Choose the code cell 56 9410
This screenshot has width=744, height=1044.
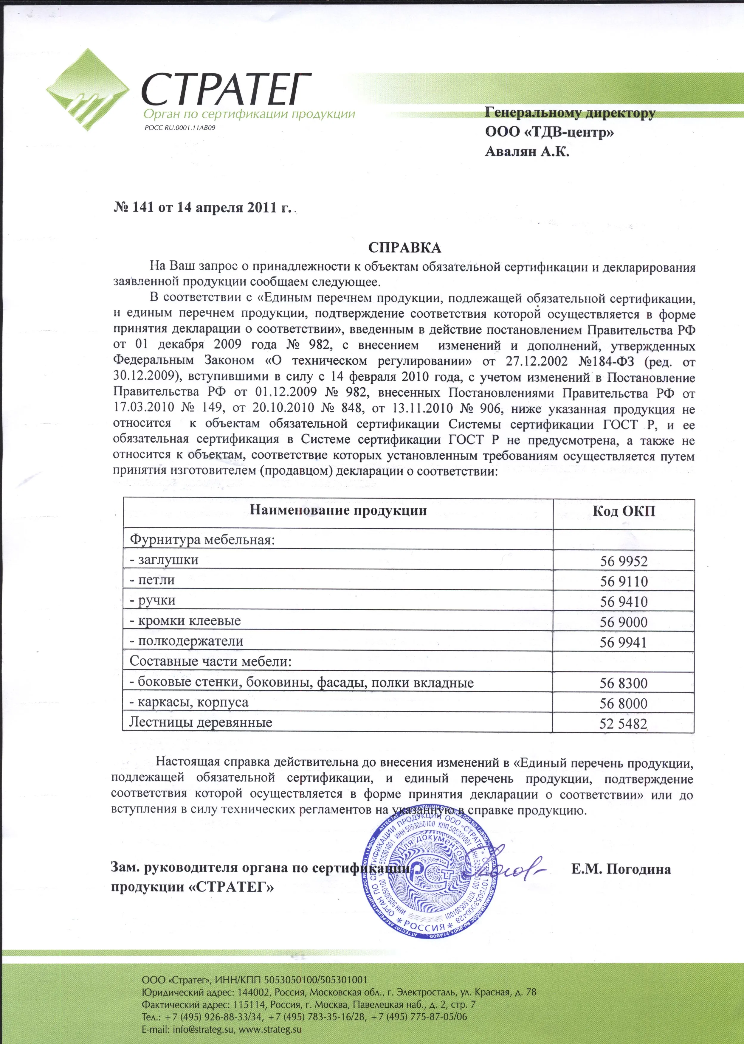click(x=624, y=602)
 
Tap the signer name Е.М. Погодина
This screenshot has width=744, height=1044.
click(x=621, y=869)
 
